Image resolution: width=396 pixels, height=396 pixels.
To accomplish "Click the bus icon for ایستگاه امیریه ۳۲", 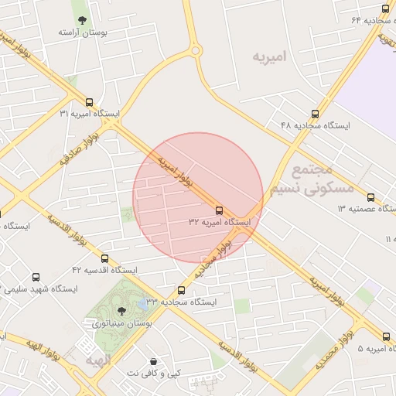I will (x=220, y=210).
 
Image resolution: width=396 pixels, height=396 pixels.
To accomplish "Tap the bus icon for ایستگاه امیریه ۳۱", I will (x=90, y=102).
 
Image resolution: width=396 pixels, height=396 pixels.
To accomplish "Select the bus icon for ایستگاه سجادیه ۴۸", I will (x=314, y=113).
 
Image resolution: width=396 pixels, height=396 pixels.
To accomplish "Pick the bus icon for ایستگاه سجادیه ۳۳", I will (x=182, y=291).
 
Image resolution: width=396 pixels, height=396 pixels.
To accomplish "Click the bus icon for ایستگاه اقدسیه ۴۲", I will (x=104, y=259).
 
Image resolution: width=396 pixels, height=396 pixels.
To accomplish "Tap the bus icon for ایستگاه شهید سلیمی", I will (x=36, y=277).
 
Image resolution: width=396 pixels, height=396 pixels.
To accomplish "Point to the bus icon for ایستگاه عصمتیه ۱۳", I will (x=370, y=197).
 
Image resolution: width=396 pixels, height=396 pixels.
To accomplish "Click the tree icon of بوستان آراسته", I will (x=83, y=21).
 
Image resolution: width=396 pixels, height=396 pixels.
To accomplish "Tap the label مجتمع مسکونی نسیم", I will (x=312, y=179).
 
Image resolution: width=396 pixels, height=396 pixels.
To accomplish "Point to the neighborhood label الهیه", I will (x=99, y=360).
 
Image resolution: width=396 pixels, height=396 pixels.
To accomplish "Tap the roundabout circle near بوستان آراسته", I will (x=196, y=51).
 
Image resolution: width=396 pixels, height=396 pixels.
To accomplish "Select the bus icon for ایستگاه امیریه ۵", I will (x=386, y=336).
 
